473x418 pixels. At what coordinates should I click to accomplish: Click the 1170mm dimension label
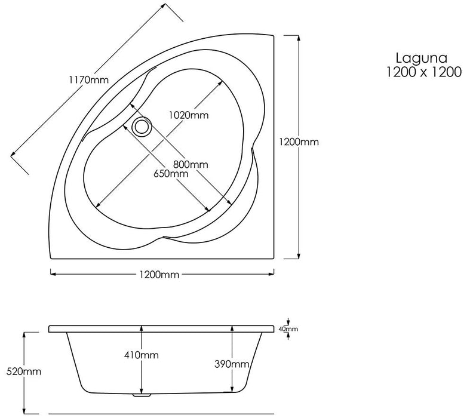[x=88, y=80]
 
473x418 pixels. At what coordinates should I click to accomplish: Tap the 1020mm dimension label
[x=189, y=115]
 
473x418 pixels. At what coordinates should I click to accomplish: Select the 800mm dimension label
[x=191, y=164]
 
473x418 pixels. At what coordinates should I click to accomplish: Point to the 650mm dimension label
[x=171, y=174]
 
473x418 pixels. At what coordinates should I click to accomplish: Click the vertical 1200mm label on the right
[x=299, y=142]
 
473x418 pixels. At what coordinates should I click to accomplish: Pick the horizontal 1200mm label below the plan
[x=159, y=275]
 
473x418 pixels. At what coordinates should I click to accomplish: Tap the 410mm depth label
[x=142, y=355]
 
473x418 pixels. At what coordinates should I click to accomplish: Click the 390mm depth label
[x=232, y=364]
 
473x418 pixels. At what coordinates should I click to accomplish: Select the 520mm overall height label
[x=24, y=371]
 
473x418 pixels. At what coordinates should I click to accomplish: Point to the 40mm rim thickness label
[x=288, y=329]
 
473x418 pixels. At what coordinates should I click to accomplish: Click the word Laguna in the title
[x=422, y=59]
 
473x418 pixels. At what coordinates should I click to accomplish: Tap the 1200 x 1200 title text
[x=424, y=72]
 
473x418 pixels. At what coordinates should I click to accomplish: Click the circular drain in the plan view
[x=141, y=127]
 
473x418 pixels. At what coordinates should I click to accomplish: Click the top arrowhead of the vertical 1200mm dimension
[x=299, y=38]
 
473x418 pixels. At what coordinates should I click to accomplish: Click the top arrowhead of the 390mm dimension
[x=232, y=328]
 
